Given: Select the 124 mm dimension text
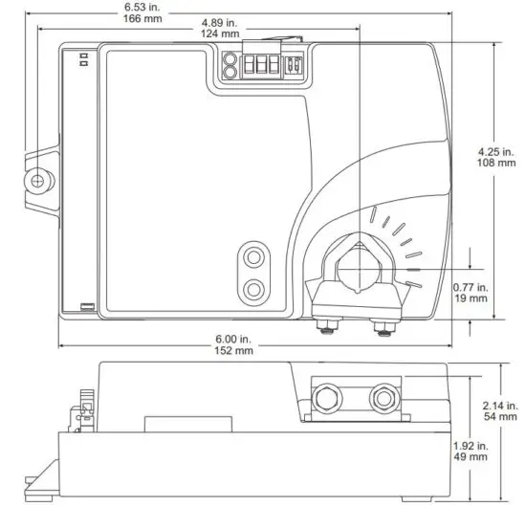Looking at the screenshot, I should [220, 34].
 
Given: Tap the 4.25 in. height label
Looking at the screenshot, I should [496, 150].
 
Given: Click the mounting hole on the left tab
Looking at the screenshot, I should [39, 180].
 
